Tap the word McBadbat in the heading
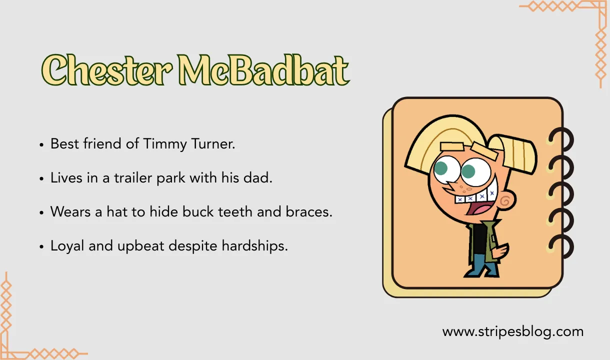(x=264, y=70)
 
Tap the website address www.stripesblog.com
(x=512, y=331)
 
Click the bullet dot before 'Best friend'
(x=41, y=145)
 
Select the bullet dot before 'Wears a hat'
(x=41, y=212)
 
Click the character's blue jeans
(x=482, y=267)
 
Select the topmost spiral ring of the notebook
(x=561, y=137)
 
